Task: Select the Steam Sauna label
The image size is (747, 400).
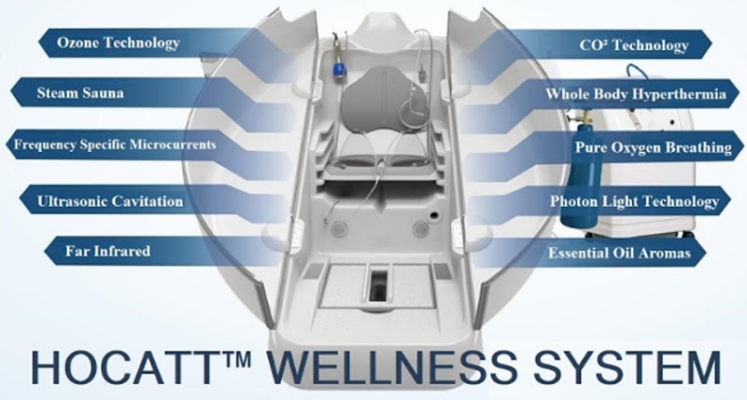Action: point(82,94)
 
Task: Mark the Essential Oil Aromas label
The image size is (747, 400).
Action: point(631,253)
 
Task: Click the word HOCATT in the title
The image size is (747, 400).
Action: point(124,365)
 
